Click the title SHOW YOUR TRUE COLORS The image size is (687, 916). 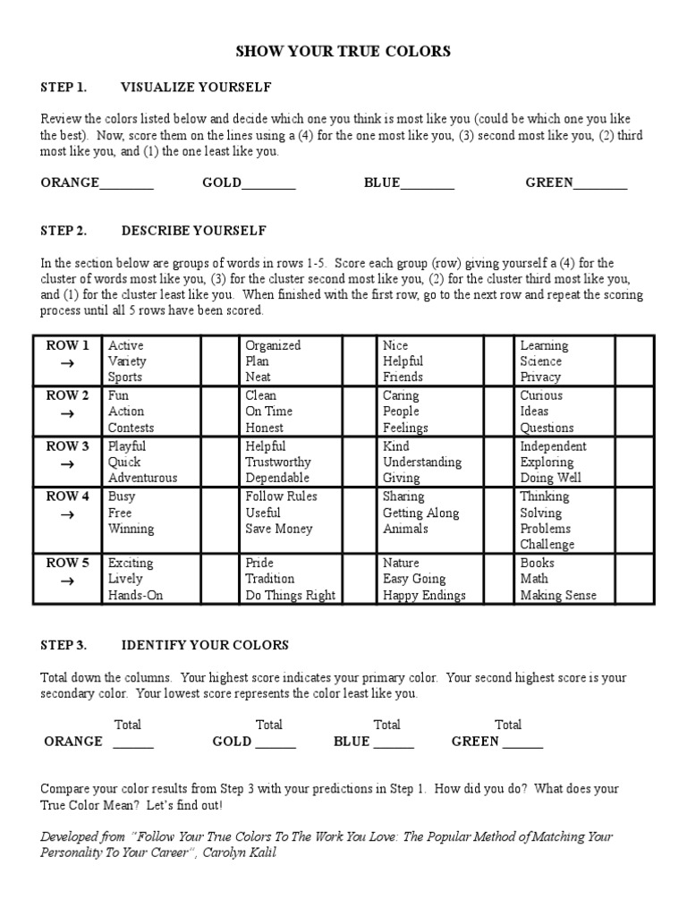(x=343, y=52)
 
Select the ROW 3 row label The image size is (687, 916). (x=68, y=446)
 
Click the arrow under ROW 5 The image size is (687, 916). (x=67, y=580)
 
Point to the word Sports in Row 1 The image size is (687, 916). (x=125, y=377)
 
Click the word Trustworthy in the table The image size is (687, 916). (x=278, y=462)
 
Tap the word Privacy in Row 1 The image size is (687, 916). (x=541, y=377)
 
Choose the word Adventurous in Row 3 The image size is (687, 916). (x=143, y=478)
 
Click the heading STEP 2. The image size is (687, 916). (x=64, y=231)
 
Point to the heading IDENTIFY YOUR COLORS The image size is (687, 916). (x=205, y=645)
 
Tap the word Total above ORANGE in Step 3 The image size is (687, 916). (x=128, y=725)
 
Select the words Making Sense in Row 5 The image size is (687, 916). (x=558, y=596)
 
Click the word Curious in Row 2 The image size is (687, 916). (x=541, y=395)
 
